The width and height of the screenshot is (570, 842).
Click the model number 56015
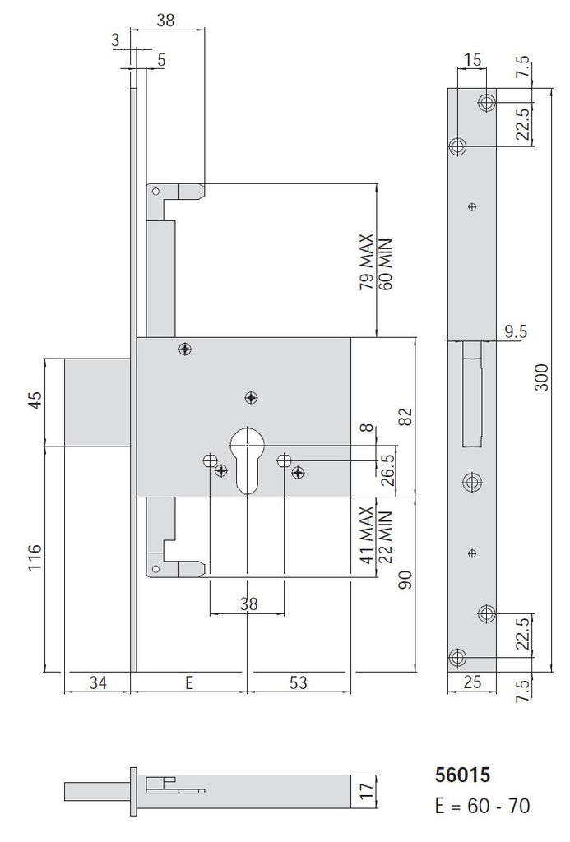(462, 775)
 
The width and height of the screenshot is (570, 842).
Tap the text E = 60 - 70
(483, 806)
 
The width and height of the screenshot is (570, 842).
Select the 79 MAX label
(367, 262)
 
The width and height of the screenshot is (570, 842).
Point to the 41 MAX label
(367, 534)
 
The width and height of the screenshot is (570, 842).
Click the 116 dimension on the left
(35, 558)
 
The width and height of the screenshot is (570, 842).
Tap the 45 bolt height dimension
(35, 400)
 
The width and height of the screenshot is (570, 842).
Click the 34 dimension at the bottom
(97, 682)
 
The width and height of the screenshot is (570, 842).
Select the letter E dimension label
(188, 682)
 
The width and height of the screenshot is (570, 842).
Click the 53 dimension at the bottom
(298, 682)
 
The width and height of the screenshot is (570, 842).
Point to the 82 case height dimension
(407, 417)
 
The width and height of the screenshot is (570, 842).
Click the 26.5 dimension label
(388, 469)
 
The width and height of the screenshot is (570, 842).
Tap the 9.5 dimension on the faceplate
(515, 331)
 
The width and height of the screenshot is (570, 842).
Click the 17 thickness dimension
(366, 791)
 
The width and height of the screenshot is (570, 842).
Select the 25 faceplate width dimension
(471, 682)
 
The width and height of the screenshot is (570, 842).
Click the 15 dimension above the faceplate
(472, 60)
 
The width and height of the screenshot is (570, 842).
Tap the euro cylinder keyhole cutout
(247, 459)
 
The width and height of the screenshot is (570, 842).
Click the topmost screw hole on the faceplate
(488, 102)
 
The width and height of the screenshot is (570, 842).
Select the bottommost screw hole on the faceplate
(457, 657)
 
